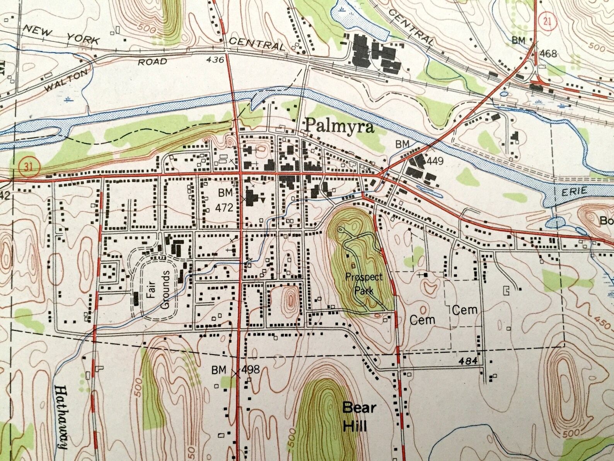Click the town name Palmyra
tap(340, 127)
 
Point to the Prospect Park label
tap(364, 284)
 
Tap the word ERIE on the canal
tap(575, 191)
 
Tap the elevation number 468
tap(548, 53)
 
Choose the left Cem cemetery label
tap(422, 320)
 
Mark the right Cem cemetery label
tap(465, 310)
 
